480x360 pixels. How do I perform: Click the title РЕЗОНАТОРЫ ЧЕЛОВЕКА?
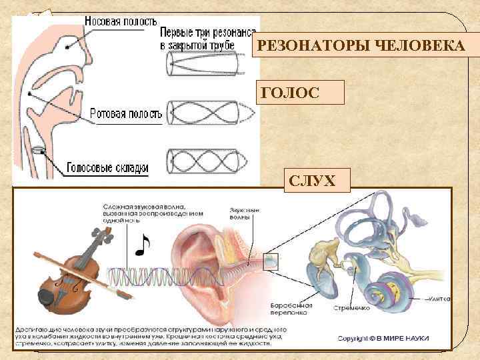[x=361, y=47]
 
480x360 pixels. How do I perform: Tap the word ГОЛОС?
[x=291, y=93]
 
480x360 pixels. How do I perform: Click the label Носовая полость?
[x=119, y=21]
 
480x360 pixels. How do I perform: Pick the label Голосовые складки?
[x=107, y=169]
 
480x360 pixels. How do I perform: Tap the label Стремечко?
[x=350, y=309]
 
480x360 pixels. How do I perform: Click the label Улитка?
[x=439, y=299]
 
